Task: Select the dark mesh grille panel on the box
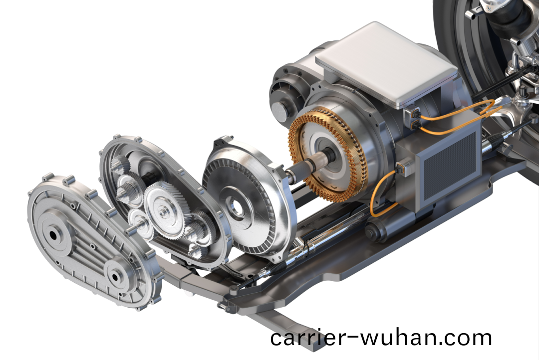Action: click(450, 165)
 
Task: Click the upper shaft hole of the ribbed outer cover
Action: click(53, 235)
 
